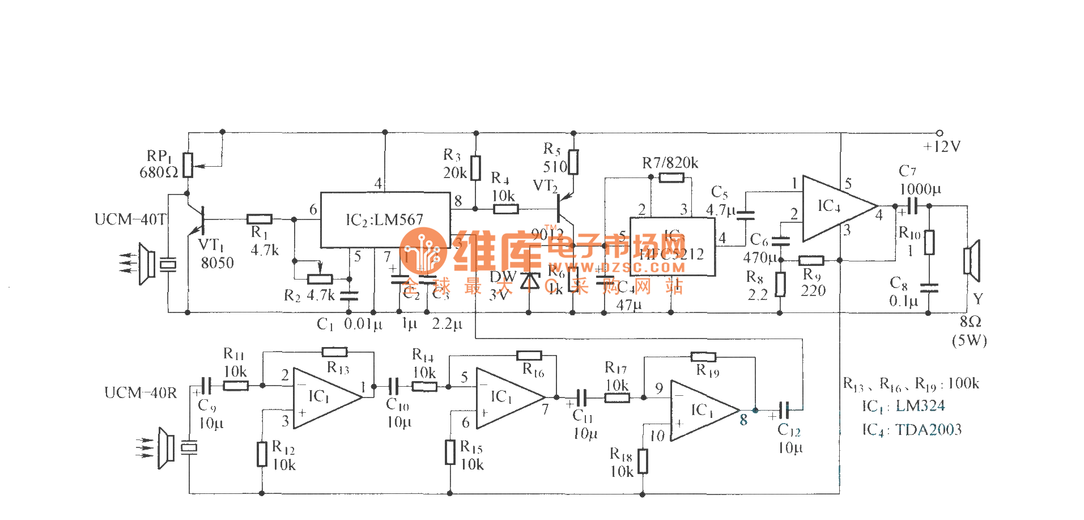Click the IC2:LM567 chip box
click(385, 220)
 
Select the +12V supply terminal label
click(942, 147)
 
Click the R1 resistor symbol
click(260, 219)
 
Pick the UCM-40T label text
click(131, 219)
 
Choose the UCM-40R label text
click(141, 393)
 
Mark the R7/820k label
click(670, 163)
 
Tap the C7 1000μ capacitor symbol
click(912, 206)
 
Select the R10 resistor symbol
click(929, 242)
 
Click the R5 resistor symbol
click(573, 162)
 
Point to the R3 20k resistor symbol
click(476, 168)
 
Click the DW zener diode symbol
click(530, 281)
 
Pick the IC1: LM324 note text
click(903, 407)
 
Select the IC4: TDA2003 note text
click(912, 430)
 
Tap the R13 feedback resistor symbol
click(334, 352)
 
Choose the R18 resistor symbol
click(643, 461)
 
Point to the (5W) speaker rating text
click(969, 341)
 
